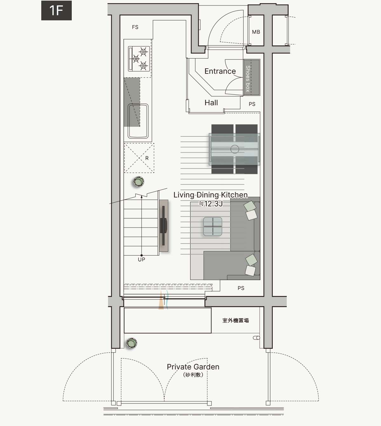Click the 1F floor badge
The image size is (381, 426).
[x=56, y=10]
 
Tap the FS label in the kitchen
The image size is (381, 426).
[x=135, y=27]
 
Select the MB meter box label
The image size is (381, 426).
[x=256, y=32]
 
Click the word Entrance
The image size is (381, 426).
[x=220, y=71]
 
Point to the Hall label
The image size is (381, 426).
[x=211, y=103]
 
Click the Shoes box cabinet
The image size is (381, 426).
[x=252, y=77]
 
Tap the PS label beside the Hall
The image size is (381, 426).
[x=252, y=104]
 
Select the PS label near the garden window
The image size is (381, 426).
[x=241, y=288]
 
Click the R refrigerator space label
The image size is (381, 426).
[x=147, y=158]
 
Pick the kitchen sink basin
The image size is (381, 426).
[x=138, y=121]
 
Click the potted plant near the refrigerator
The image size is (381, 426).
[x=139, y=182]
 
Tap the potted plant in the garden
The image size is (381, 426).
[x=131, y=343]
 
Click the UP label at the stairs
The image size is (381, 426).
[x=141, y=259]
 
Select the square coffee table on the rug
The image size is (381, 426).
[x=213, y=226]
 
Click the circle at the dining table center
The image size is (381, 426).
[x=235, y=149]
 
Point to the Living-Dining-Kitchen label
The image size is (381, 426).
[x=211, y=195]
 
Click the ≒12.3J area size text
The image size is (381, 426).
[x=211, y=203]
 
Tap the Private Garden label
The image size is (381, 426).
[x=193, y=367]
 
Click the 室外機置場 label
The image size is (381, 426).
[x=236, y=320]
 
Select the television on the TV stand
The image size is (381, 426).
[x=163, y=226]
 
